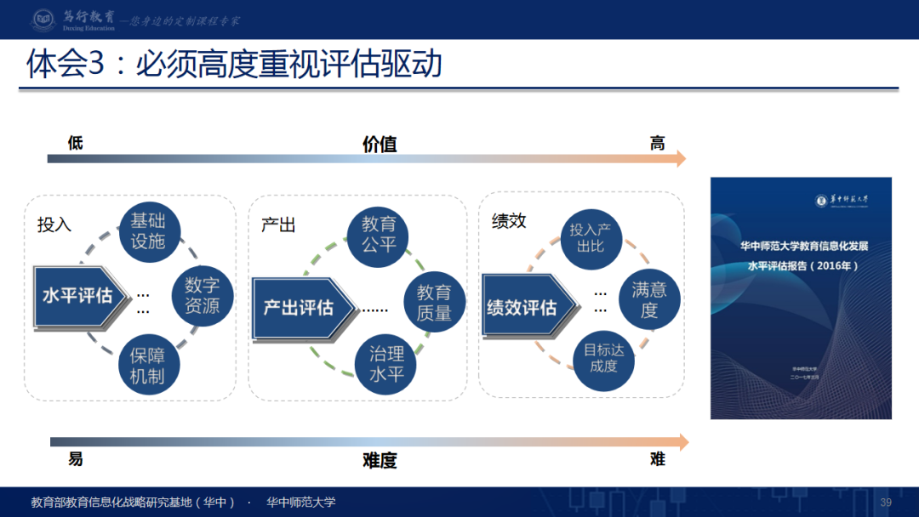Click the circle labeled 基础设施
click(x=148, y=230)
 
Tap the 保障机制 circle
click(x=148, y=365)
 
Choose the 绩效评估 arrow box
click(x=523, y=307)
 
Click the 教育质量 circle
click(x=434, y=303)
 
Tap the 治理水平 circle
click(x=386, y=363)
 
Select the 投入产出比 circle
click(x=591, y=237)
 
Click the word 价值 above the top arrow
click(x=380, y=144)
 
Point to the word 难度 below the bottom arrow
click(x=380, y=461)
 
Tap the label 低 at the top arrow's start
click(x=76, y=143)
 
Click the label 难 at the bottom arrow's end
click(x=657, y=459)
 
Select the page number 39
click(x=886, y=503)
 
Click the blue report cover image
click(x=801, y=298)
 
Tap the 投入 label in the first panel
click(x=54, y=224)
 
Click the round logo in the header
click(x=43, y=20)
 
